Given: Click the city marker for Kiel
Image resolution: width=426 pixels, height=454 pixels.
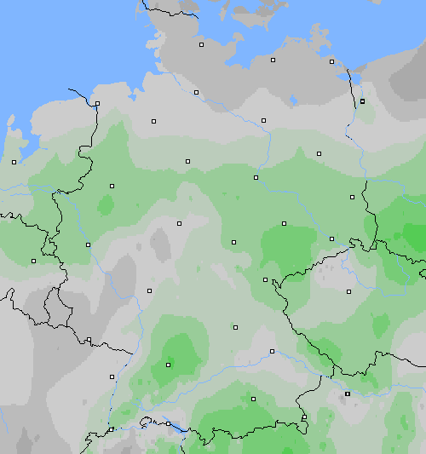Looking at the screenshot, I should click(202, 44).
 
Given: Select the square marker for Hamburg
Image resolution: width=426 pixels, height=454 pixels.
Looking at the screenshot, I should click(196, 92).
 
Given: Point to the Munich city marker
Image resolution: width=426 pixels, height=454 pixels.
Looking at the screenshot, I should click(253, 398).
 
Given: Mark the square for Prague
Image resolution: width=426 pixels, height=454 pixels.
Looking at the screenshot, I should click(348, 291).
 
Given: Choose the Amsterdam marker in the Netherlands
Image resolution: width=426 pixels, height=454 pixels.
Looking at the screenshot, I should click(14, 162).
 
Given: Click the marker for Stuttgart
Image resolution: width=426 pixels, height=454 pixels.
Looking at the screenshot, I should click(168, 365).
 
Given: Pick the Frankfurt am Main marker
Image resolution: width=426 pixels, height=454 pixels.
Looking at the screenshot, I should click(149, 290).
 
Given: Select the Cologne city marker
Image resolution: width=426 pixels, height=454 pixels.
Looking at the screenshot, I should click(88, 244).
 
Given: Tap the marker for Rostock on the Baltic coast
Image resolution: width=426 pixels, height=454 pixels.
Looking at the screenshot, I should click(273, 60).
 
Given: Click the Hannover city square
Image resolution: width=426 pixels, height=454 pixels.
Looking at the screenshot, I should click(187, 160).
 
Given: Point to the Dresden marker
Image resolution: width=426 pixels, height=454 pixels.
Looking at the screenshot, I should click(331, 238).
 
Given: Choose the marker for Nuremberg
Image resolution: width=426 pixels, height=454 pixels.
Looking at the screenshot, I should click(235, 326).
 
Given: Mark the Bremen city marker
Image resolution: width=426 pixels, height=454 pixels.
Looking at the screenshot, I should click(154, 121).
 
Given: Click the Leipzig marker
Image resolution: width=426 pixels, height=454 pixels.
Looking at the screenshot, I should click(284, 223).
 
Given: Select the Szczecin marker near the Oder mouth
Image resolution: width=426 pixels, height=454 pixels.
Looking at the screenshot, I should click(362, 101).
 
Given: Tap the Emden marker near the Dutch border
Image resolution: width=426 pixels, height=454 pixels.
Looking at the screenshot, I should click(97, 104).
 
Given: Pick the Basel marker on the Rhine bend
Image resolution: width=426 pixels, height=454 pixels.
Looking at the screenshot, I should click(111, 429).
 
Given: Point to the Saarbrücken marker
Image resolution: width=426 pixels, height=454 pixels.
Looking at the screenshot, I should click(89, 340).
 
